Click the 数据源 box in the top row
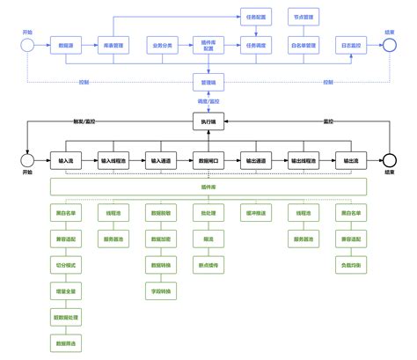[x=65, y=44]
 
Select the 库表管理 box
[x=113, y=44]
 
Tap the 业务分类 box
[x=162, y=44]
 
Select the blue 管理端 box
[x=208, y=82]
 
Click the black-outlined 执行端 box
[x=208, y=123]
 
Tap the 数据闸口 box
[x=208, y=161]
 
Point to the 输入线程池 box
[x=113, y=161]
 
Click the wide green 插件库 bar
[x=208, y=187]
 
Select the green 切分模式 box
[x=65, y=263]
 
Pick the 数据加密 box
[x=162, y=238]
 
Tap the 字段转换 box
[x=162, y=288]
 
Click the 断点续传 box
[x=208, y=263]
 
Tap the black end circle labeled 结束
[x=390, y=160]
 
